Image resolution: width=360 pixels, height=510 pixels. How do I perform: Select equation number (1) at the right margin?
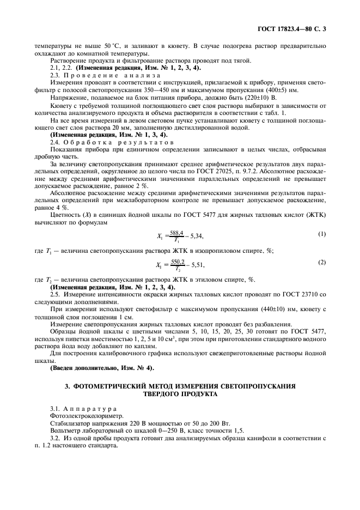pos(322,219)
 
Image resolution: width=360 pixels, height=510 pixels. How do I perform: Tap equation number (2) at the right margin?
pos(322,262)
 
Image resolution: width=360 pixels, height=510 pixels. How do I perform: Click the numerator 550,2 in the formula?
pos(178,261)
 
